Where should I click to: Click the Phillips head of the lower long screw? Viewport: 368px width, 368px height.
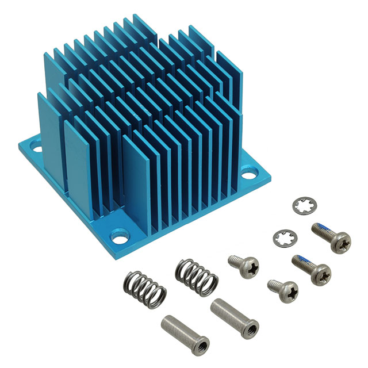tap(319, 274)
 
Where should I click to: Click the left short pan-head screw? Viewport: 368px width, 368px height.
tap(244, 264)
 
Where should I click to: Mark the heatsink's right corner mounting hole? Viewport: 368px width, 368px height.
tap(251, 170)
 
